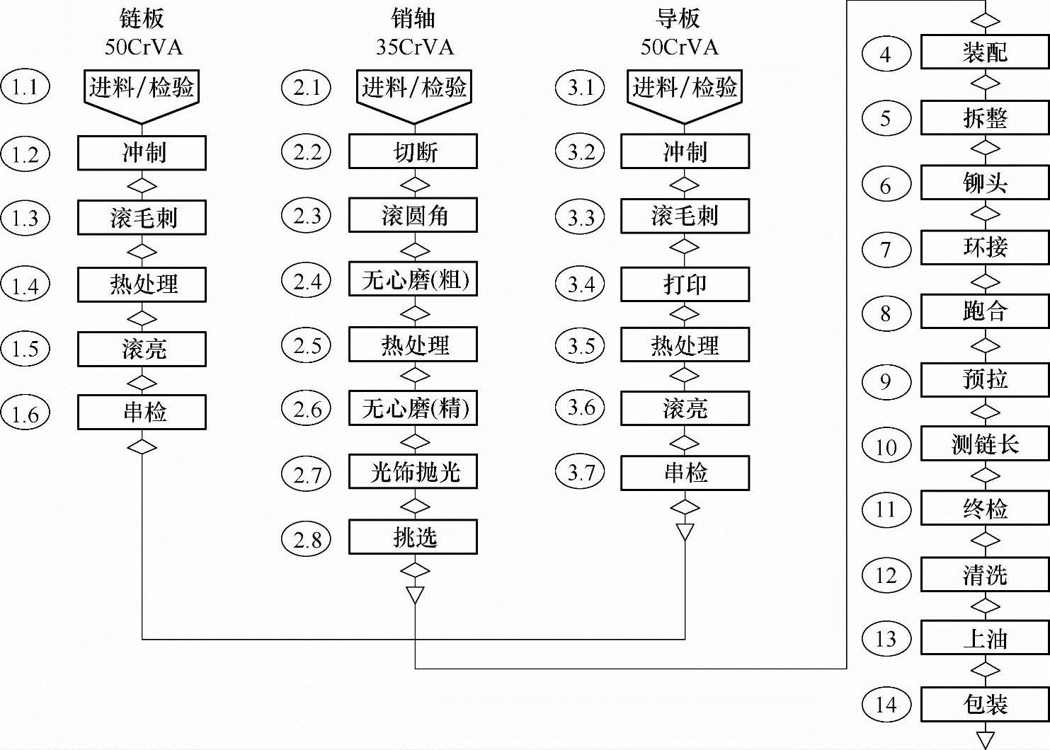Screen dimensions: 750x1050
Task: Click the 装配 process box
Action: tap(984, 52)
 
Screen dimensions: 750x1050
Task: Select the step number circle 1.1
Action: tap(25, 87)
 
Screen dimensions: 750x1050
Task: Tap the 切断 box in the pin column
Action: tap(413, 151)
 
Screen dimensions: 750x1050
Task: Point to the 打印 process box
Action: tap(685, 284)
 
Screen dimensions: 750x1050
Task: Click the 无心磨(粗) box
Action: tap(413, 279)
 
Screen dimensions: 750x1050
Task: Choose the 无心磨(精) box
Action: tap(413, 408)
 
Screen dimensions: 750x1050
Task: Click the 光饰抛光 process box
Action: tap(413, 472)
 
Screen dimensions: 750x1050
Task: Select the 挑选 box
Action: tap(413, 538)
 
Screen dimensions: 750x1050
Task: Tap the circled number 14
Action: tap(886, 704)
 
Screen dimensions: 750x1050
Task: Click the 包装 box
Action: tap(984, 704)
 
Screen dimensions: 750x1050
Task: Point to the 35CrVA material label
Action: tap(414, 47)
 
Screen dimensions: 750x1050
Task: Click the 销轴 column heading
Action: tap(413, 18)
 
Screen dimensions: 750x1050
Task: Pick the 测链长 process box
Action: tap(984, 444)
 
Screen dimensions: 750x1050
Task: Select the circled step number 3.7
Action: tap(581, 472)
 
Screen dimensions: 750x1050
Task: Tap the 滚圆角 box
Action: tap(413, 215)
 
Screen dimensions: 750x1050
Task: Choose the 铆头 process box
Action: tap(984, 183)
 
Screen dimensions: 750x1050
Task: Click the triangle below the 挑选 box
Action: tap(415, 594)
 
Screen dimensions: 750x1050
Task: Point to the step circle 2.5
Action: tap(307, 345)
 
